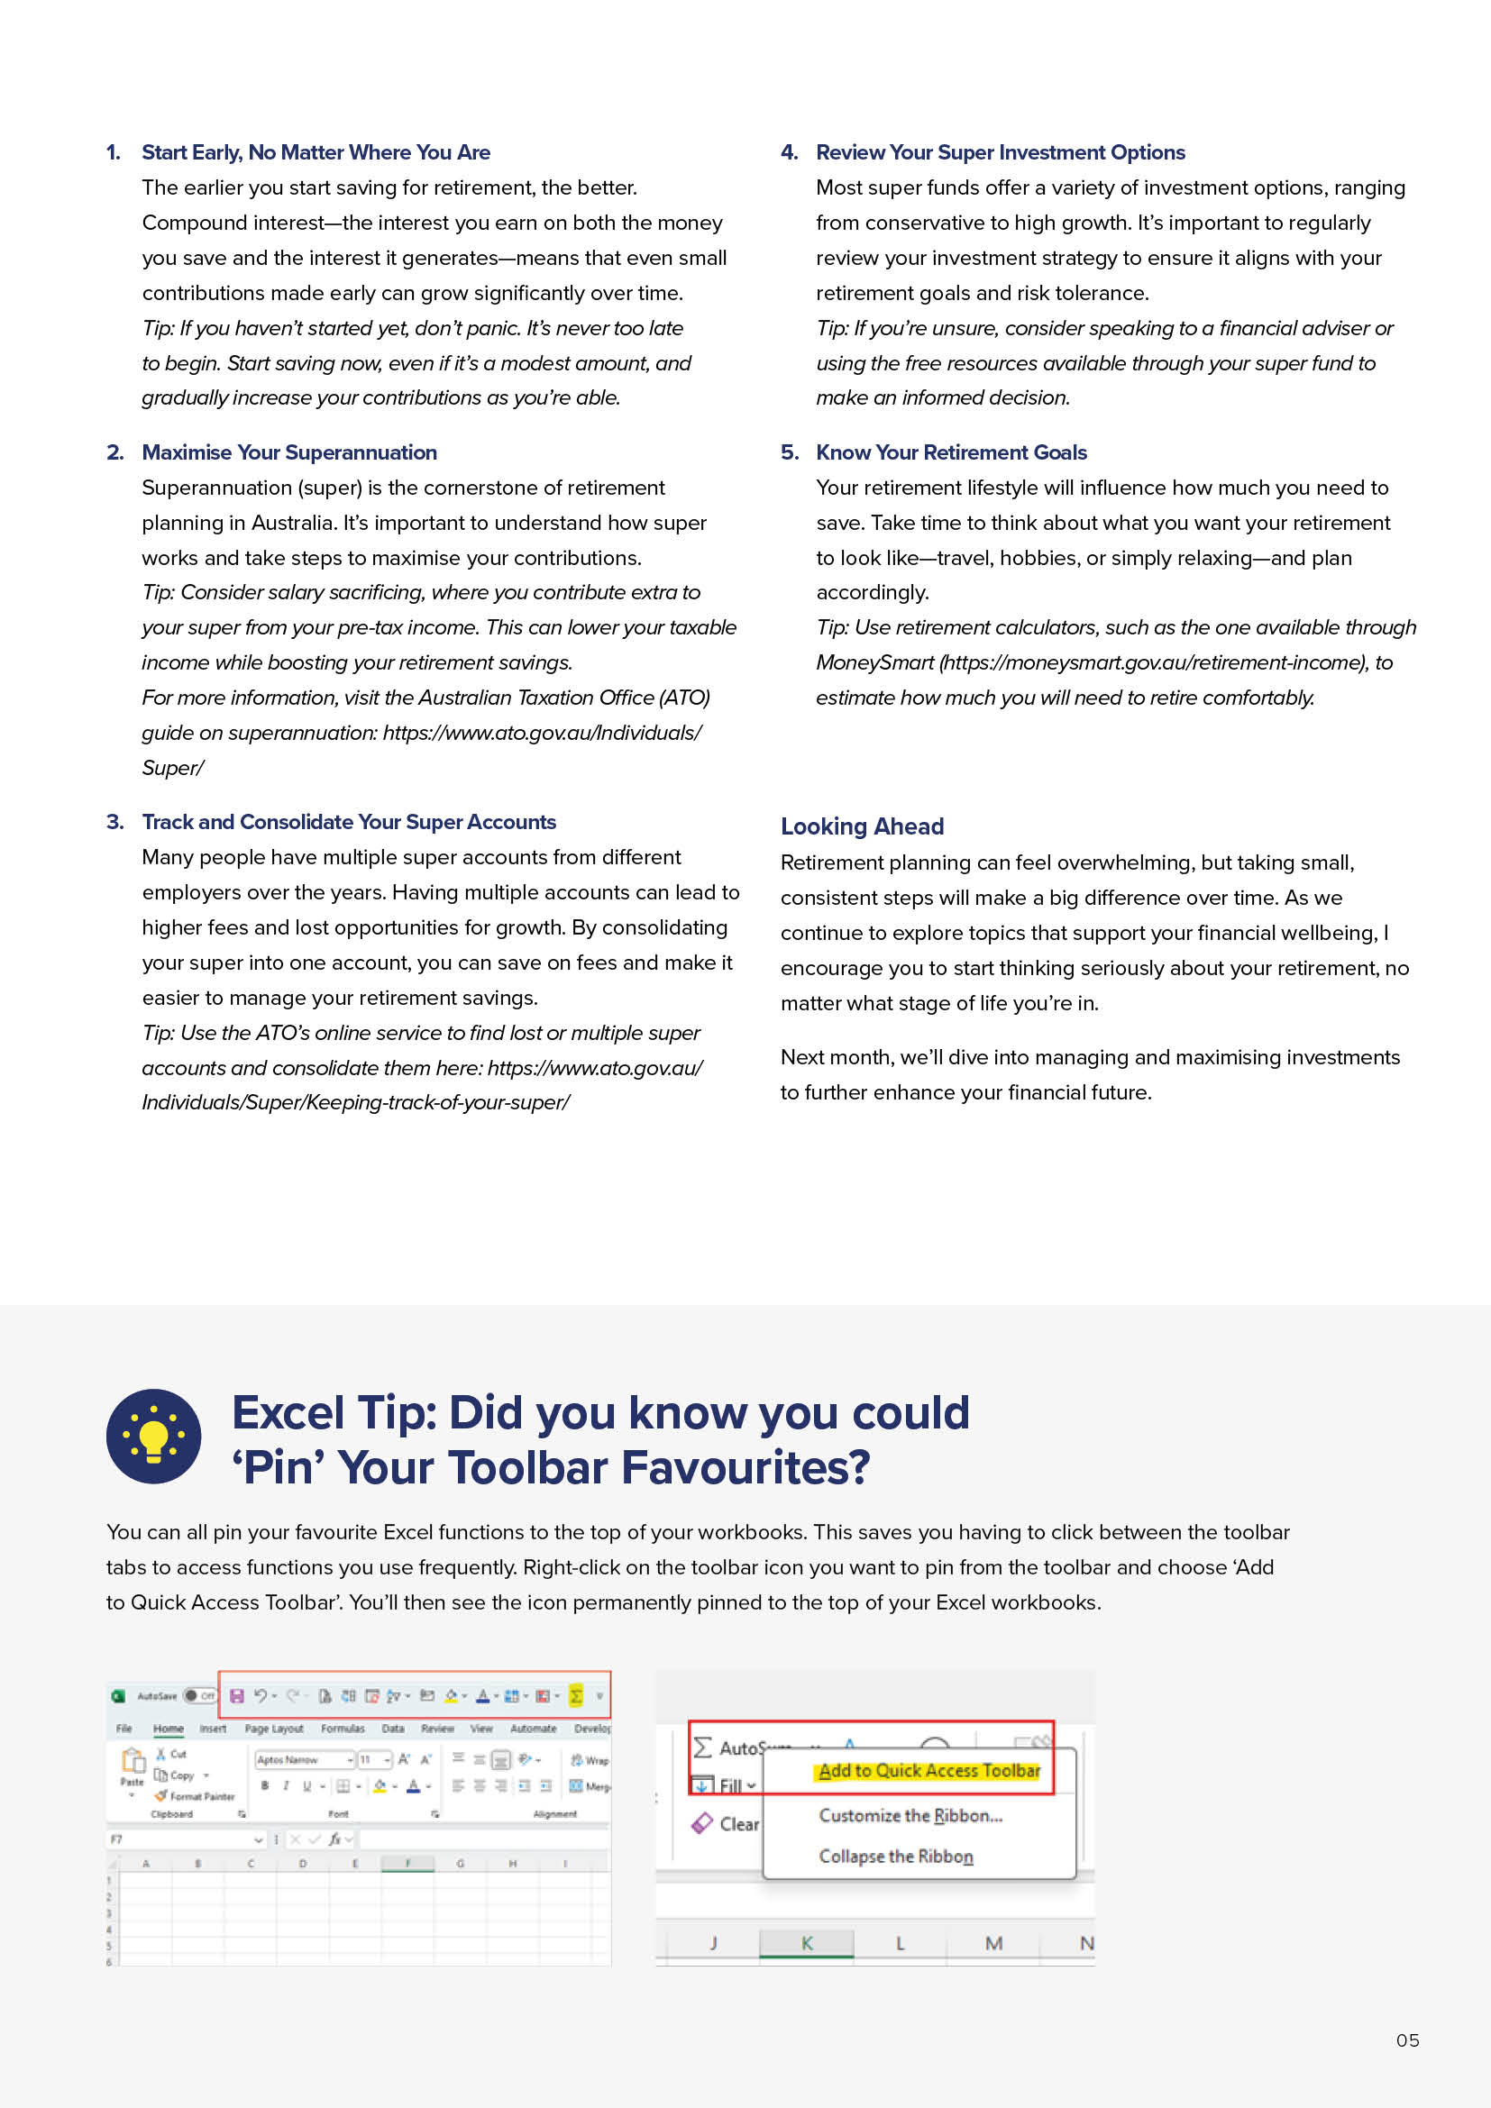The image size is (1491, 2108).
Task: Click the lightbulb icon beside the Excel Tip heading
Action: tap(153, 1436)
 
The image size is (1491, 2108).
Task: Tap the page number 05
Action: tap(1406, 2040)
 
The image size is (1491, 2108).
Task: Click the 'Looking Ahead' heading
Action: tap(861, 826)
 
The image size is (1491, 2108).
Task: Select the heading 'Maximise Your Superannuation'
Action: tap(289, 452)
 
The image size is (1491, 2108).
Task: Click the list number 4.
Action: tap(789, 152)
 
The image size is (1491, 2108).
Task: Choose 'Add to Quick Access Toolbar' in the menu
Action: tap(928, 1770)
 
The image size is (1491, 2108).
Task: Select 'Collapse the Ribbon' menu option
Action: tap(895, 1856)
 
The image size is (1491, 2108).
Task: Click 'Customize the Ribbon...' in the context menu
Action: tap(910, 1815)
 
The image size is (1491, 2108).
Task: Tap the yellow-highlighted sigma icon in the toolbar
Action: tap(576, 1695)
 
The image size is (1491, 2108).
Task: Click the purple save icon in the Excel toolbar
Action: tap(236, 1695)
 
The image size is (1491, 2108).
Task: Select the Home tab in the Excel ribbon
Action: tap(168, 1728)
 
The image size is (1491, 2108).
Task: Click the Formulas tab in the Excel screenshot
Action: tap(343, 1728)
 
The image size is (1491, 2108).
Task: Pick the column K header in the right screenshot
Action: tap(806, 1943)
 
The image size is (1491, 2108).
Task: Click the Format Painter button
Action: tap(196, 1796)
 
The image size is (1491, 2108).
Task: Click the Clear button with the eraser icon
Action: tap(726, 1823)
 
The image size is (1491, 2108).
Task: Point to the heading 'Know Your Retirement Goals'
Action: tap(950, 452)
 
